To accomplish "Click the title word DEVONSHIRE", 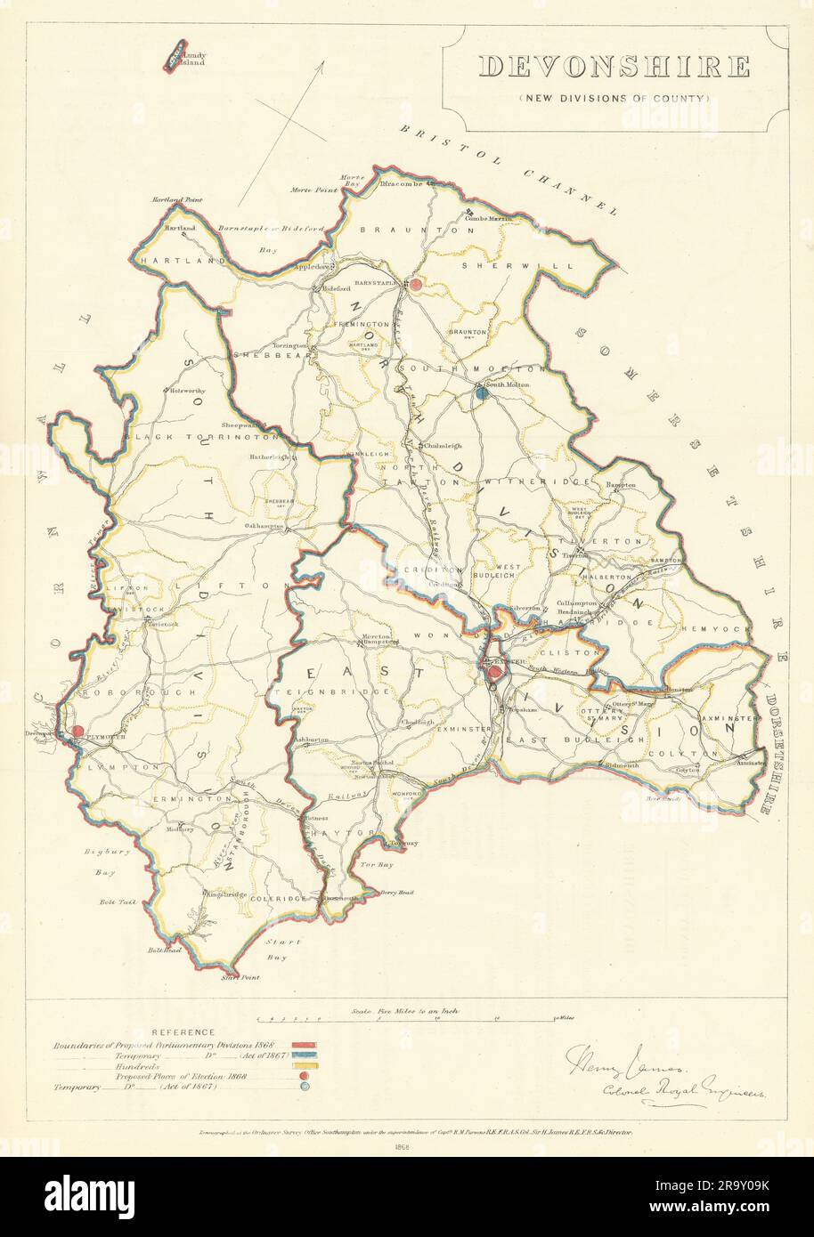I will (615, 67).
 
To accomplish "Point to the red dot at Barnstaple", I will (415, 284).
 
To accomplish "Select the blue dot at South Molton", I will (481, 392).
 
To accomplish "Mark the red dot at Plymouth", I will (77, 731).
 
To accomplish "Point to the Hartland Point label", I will (177, 200).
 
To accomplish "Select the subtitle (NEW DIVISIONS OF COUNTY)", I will (615, 98).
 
